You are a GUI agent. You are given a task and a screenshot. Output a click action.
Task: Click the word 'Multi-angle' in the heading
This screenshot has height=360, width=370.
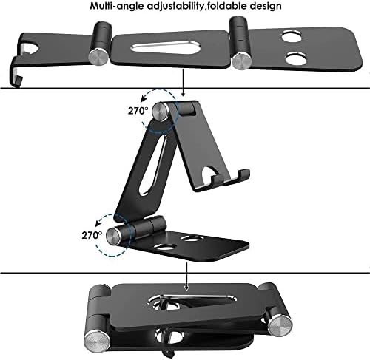click(x=117, y=6)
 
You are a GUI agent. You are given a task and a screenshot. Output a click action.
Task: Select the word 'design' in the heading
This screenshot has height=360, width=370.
click(x=266, y=6)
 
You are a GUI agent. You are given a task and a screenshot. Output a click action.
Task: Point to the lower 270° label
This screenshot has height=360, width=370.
click(x=92, y=235)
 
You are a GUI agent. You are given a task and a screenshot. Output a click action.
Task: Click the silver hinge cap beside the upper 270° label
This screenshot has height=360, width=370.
click(x=161, y=112)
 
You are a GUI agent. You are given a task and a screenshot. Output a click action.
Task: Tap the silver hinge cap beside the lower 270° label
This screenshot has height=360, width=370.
click(x=114, y=236)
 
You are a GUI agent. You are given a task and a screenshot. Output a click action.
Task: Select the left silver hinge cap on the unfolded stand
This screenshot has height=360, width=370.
click(x=98, y=57)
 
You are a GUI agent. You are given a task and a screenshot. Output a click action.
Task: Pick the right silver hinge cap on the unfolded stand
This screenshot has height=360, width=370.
click(x=242, y=61)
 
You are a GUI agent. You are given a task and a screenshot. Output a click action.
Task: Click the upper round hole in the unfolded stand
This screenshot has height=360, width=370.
click(x=292, y=37)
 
